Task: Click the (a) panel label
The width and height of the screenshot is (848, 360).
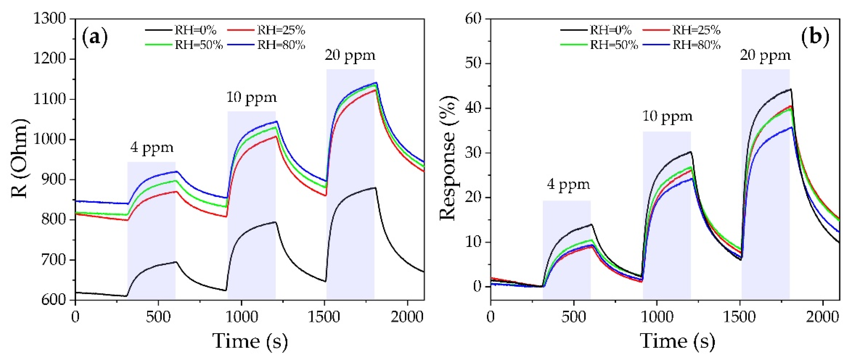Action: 94,37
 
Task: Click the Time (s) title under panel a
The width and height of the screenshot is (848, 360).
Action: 250,341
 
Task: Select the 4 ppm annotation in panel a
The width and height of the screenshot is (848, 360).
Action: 152,147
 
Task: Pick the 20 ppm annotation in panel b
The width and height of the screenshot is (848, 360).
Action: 765,55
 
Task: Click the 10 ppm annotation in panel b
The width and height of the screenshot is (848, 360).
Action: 667,116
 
